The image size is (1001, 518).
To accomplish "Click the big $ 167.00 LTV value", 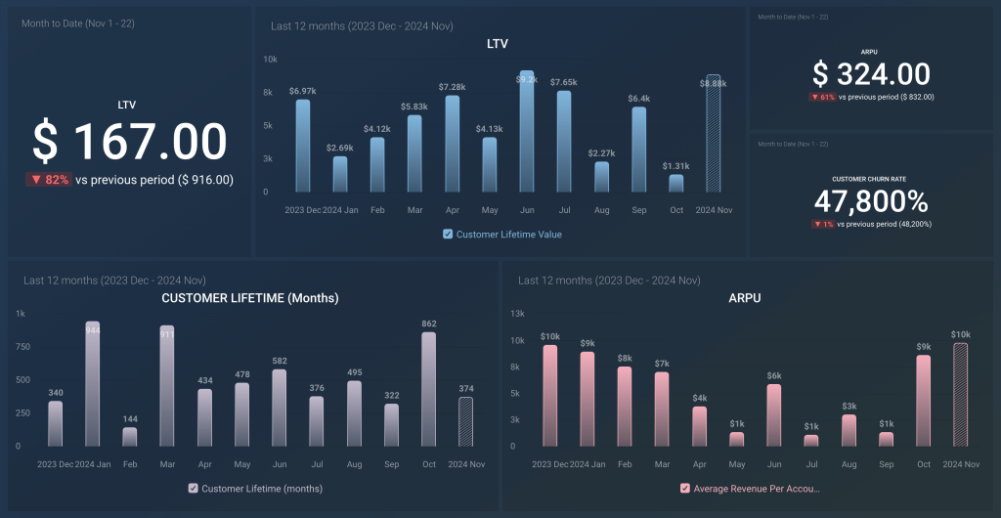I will [130, 143].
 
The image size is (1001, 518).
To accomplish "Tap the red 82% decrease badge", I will [48, 180].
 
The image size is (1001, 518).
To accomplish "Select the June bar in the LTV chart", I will [527, 132].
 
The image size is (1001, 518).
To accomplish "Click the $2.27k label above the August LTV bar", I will [601, 152].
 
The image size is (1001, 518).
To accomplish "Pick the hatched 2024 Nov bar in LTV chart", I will [714, 134].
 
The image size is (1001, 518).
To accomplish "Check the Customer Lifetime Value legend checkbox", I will [448, 235].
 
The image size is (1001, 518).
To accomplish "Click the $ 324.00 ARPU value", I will [872, 74].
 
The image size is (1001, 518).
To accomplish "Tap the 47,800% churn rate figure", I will [872, 202].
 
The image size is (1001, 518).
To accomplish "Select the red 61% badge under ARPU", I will [821, 97].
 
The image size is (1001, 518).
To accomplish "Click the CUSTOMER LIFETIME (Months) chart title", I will [250, 298].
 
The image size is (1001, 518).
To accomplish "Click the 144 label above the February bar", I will [130, 417].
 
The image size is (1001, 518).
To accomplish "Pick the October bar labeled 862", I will [428, 389].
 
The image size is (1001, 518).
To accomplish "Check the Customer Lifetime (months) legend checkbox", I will [193, 489].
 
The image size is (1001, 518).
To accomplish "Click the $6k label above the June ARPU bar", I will [773, 375].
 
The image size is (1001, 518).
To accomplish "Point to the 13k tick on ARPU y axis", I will [518, 314].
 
